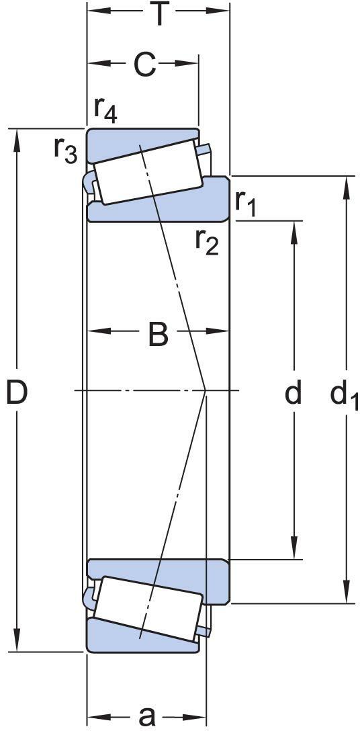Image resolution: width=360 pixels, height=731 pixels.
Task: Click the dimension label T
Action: pos(159,14)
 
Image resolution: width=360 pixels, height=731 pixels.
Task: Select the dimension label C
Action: pos(144,64)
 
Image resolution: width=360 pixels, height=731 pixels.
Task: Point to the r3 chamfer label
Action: pos(65,150)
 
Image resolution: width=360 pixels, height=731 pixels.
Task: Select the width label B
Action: pos(158,335)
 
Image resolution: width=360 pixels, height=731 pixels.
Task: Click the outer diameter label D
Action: pos(17,392)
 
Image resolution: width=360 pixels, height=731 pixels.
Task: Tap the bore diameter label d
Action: pos(294,392)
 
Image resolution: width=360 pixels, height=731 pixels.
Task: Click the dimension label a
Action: pos(147,716)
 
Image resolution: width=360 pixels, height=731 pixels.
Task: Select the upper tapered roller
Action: pos(148,171)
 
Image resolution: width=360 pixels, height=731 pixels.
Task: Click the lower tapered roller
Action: pos(148,609)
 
